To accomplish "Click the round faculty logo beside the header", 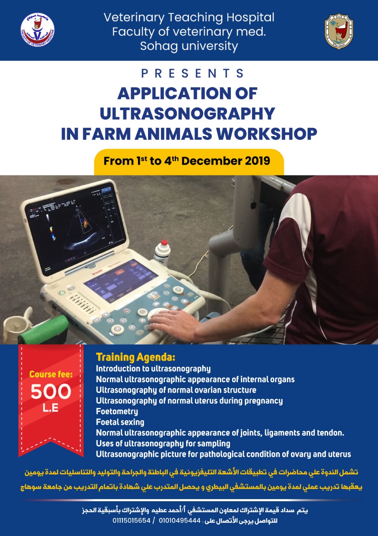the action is tap(37, 30).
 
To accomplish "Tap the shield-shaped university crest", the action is tap(339, 31).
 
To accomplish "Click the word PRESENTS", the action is tap(192, 73).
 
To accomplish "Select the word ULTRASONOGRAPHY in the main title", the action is tap(187, 113).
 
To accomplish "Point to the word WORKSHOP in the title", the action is tap(266, 134).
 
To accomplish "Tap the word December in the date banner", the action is tap(212, 161).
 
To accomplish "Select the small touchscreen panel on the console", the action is tap(121, 281).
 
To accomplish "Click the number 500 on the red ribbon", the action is tap(51, 392).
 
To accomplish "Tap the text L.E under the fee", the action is tap(51, 408).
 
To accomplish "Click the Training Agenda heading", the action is tap(135, 358).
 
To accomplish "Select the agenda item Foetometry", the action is tap(117, 411).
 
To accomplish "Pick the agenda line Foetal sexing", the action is tap(120, 422).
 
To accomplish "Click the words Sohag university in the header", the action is tap(189, 46).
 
